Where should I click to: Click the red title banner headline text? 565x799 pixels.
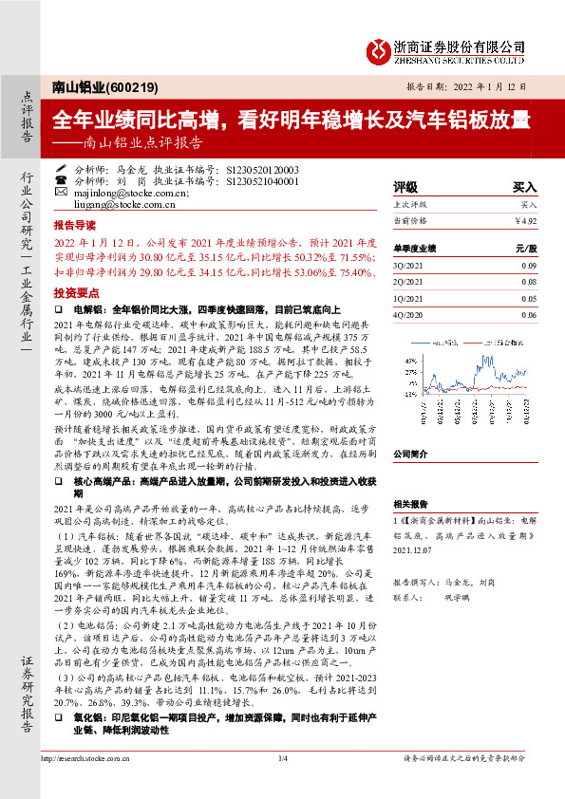[291, 120]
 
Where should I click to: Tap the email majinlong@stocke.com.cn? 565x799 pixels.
[117, 191]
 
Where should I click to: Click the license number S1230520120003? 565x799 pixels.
[260, 168]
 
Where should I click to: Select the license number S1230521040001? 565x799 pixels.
[260, 179]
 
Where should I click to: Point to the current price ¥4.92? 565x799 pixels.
[525, 221]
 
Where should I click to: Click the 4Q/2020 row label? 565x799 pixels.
[408, 314]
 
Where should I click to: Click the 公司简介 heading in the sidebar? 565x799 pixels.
[412, 454]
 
